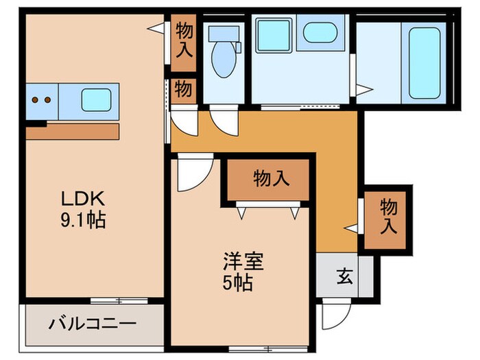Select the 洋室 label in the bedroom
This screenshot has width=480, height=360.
point(242,262)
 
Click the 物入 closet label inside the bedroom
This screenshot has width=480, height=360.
point(270,179)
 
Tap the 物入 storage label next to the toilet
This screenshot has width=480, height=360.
point(184,39)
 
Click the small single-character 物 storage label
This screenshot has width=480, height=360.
point(183,90)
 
